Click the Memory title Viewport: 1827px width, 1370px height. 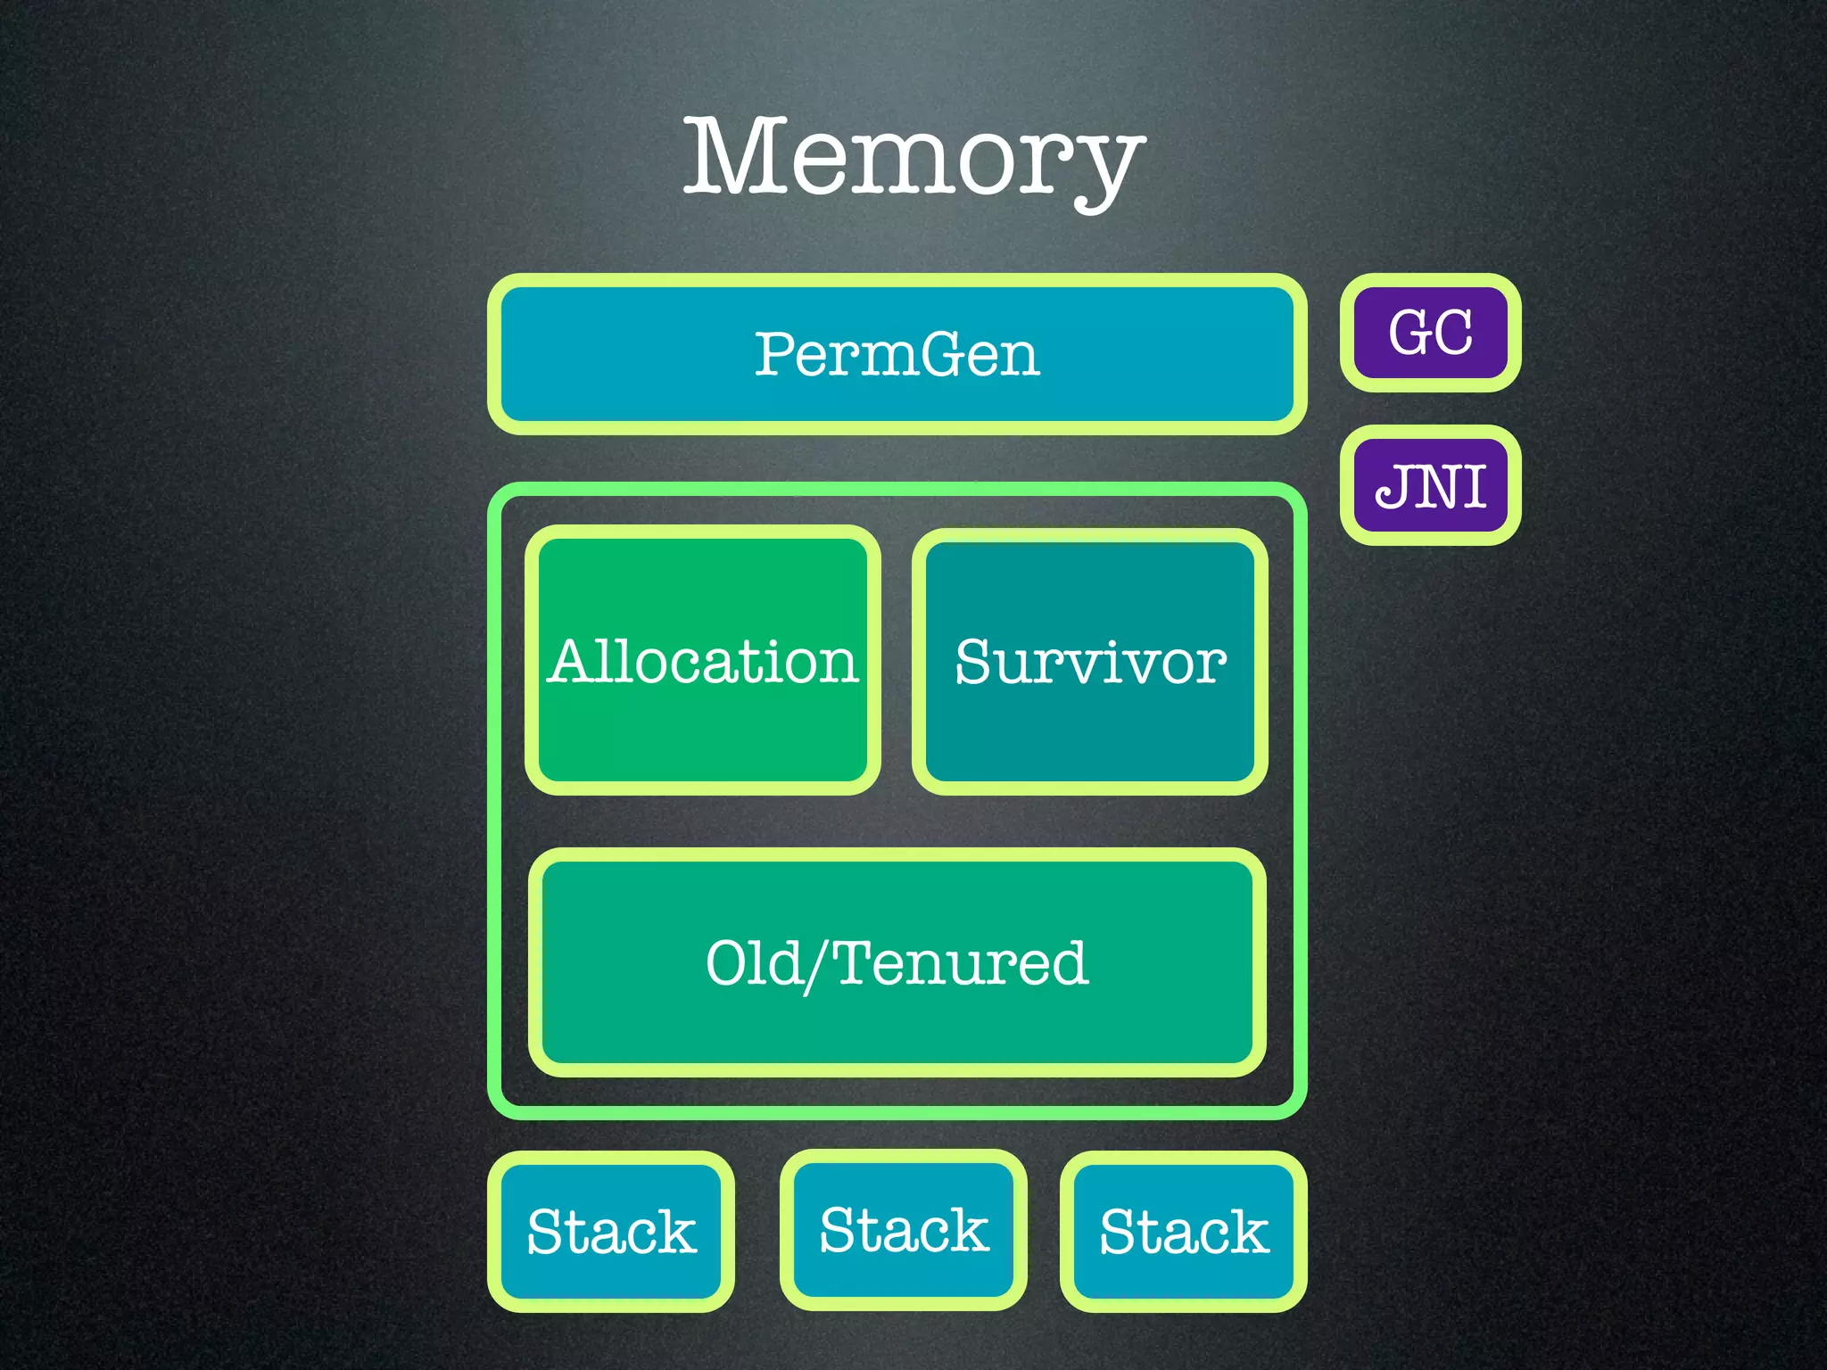913,159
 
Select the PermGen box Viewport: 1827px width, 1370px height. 897,354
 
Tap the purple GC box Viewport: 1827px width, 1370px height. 1430,333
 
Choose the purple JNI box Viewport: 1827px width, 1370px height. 1430,485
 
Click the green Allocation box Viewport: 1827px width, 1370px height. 703,661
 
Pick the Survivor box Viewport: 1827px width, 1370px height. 1090,661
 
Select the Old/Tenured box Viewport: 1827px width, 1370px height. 897,963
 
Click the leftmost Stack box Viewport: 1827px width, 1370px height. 611,1232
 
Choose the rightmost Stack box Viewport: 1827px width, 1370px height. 1184,1232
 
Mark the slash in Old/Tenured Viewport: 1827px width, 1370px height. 818,966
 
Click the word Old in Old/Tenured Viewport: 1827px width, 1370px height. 754,963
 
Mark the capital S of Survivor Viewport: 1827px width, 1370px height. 974,662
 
